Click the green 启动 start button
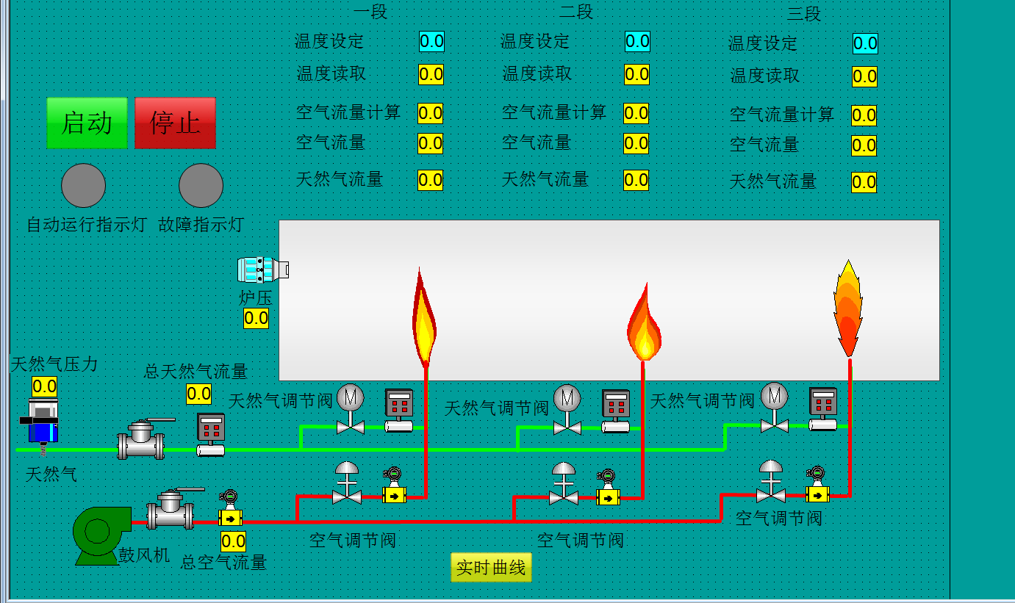tap(87, 123)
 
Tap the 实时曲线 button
tap(491, 567)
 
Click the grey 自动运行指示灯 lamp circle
tap(83, 186)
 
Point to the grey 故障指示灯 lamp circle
tap(201, 186)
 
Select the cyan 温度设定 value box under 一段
tap(431, 41)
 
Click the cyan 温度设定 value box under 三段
tap(865, 43)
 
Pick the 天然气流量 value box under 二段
tap(636, 180)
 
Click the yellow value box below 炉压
tap(256, 318)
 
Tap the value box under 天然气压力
tap(44, 386)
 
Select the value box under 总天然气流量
tap(198, 394)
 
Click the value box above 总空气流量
tap(233, 542)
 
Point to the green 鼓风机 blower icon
tap(96, 535)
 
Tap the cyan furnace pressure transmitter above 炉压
tap(262, 270)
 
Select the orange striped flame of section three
tap(848, 308)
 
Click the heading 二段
tap(575, 12)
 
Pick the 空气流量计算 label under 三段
tap(782, 115)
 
